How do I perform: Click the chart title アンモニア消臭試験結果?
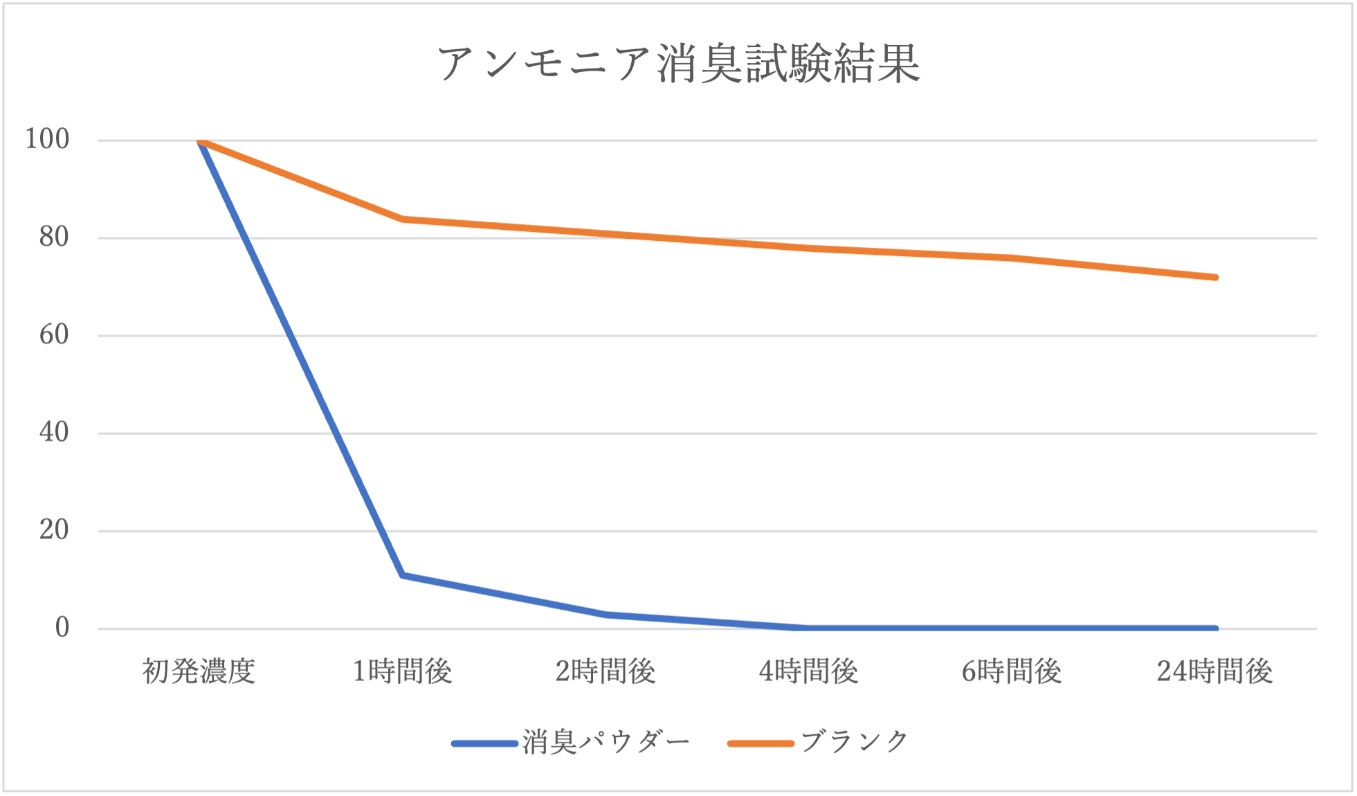[x=678, y=64]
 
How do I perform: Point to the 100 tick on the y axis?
[x=47, y=139]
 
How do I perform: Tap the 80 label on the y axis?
[x=54, y=237]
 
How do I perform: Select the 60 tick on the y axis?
[x=54, y=335]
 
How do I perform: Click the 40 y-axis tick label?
[x=54, y=433]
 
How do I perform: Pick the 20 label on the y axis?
[x=54, y=530]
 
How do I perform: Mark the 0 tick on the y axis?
[x=62, y=628]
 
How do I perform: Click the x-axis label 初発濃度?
[x=199, y=671]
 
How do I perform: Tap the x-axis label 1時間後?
[x=402, y=671]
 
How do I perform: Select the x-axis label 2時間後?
[x=605, y=671]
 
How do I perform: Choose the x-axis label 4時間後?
[x=808, y=671]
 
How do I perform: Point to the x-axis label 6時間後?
[x=1011, y=671]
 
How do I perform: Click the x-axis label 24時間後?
[x=1214, y=671]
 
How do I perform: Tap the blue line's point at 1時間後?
[x=402, y=575]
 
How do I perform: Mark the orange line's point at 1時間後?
[x=402, y=219]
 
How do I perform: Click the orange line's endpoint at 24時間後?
[x=1215, y=278]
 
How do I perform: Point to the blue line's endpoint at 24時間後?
[x=1215, y=628]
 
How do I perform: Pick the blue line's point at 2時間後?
[x=605, y=615]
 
